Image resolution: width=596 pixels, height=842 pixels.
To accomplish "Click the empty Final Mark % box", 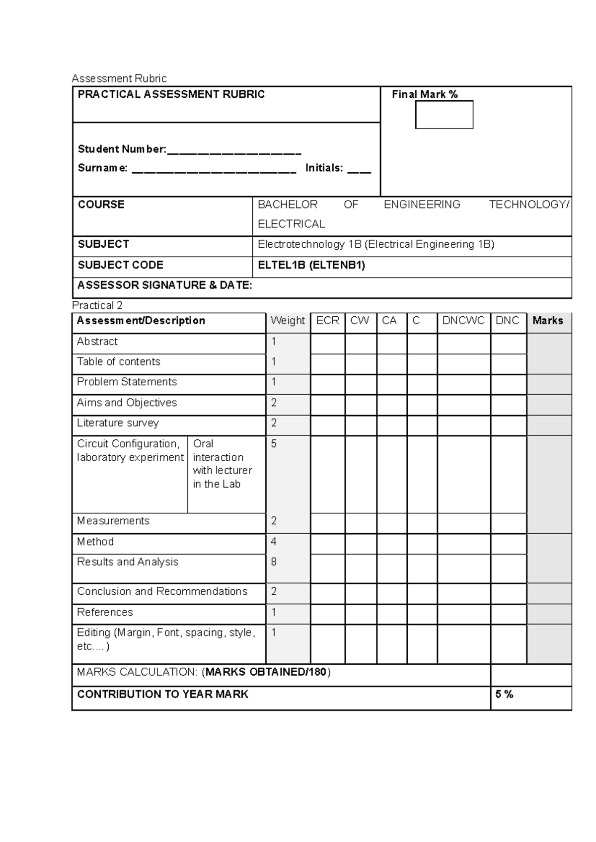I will tap(444, 115).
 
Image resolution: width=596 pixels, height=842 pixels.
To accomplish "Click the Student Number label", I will tap(122, 149).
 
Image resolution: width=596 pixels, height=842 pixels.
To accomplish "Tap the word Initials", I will tap(324, 168).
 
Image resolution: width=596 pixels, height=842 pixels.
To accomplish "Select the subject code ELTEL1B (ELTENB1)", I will tap(311, 265).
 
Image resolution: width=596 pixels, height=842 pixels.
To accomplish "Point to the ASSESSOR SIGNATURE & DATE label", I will tap(165, 285).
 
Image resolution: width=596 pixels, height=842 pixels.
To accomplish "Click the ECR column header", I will tap(327, 321).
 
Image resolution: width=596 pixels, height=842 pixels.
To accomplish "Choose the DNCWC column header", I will tap(463, 321).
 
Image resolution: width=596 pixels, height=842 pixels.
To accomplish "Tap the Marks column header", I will tap(548, 321).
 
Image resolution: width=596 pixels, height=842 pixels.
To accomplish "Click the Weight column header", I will tap(288, 321).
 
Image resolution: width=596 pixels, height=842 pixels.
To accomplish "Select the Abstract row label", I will tap(97, 342).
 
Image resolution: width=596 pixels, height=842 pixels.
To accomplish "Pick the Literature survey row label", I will tap(118, 423).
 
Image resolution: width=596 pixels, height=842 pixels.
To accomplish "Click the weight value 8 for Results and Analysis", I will tap(274, 562).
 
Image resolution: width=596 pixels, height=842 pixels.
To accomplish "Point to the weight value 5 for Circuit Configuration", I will tap(274, 444).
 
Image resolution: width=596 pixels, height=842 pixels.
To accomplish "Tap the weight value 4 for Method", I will tap(274, 542).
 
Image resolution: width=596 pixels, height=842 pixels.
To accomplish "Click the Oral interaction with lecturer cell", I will tap(223, 464).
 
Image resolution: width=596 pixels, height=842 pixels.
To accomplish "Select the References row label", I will tap(105, 612).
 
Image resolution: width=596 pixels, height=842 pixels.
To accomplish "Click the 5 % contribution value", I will tap(504, 695).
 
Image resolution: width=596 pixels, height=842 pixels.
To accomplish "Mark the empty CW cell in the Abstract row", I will tap(361, 344).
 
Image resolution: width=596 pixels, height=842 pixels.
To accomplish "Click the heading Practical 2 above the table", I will tap(97, 305).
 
